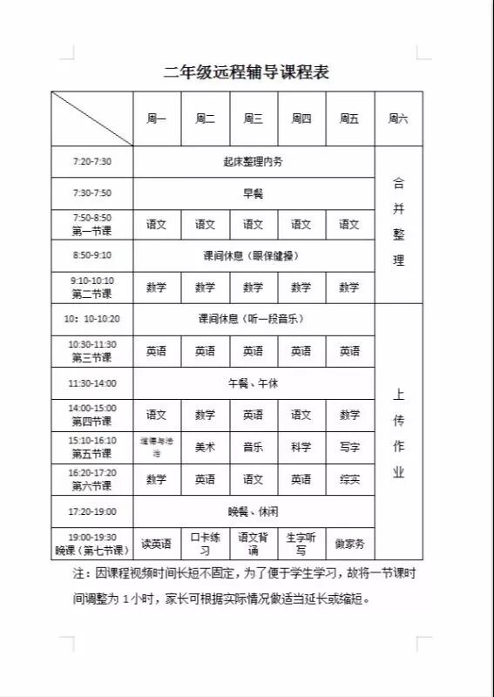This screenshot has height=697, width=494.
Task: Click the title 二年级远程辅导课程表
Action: (247, 72)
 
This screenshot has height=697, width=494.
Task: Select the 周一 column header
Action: (157, 118)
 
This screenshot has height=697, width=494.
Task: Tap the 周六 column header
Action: (398, 118)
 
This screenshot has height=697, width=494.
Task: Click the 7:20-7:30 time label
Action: (91, 161)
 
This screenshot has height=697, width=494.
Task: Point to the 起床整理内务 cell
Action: (254, 161)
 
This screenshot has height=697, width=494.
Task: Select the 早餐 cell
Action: (254, 193)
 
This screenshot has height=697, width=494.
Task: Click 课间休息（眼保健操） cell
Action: (254, 256)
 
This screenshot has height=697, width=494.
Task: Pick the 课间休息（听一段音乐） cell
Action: (254, 319)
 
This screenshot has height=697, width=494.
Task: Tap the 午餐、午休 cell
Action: (254, 383)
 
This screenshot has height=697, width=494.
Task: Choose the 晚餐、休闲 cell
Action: (254, 511)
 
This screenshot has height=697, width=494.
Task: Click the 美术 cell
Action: (205, 447)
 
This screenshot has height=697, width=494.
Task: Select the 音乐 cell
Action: (254, 447)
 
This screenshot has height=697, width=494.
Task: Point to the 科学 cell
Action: (301, 447)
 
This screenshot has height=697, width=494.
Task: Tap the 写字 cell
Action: (349, 447)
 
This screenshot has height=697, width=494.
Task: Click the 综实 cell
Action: (349, 479)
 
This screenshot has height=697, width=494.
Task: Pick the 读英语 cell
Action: (157, 544)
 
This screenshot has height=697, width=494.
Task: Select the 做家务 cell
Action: (349, 544)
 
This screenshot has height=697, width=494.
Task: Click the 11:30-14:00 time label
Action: (91, 383)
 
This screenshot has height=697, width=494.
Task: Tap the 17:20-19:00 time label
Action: (91, 511)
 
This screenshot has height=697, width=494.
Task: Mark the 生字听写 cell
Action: (301, 544)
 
